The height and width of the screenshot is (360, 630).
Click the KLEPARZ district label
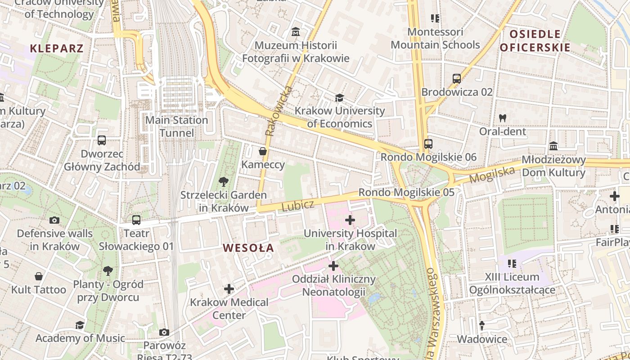coord(57,49)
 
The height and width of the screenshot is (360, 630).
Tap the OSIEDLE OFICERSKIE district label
coord(535,40)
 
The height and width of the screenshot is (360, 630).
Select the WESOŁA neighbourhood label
coord(248,248)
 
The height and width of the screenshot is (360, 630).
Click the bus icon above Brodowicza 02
coord(457,79)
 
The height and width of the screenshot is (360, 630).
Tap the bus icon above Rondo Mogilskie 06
coord(428,144)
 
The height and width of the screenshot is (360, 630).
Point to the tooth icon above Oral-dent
coord(503,118)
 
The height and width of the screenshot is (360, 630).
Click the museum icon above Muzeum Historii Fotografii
coord(296,32)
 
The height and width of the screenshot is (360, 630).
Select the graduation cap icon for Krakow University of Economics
coord(339,98)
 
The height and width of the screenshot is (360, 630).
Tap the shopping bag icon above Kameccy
coord(263,151)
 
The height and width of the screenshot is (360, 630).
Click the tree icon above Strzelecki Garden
coord(223,182)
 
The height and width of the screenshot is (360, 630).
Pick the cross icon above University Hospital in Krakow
coord(350,220)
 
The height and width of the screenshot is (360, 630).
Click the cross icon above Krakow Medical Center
coord(229,288)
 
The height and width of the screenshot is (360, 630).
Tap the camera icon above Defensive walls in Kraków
coord(54,220)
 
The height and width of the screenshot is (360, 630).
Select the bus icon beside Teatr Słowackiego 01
coord(136,220)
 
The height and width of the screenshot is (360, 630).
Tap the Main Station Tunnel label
coord(177,126)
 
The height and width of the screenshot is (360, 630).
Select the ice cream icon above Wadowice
coord(482,325)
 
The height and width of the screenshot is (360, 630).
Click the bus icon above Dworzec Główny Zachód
coord(102,140)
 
